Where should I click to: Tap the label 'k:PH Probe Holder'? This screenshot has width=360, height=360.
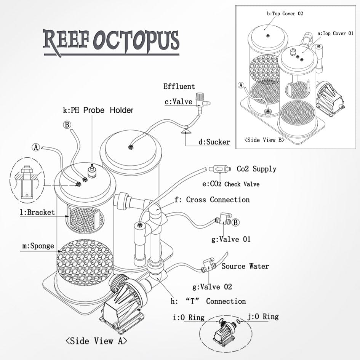point(98,110)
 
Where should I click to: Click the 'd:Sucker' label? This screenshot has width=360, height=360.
point(214,142)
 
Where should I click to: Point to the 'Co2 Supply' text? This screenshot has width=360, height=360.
point(256,169)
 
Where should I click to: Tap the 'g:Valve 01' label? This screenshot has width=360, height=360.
point(231,240)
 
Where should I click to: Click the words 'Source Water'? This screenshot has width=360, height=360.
point(245,266)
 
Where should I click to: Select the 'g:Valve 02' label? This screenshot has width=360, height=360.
point(212,286)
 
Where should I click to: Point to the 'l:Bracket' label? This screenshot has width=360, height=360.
point(37,212)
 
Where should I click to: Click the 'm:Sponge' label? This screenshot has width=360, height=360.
point(38,246)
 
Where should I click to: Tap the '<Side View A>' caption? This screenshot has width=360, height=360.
point(96,341)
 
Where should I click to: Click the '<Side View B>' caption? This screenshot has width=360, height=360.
point(265,140)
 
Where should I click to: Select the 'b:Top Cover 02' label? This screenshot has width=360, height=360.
point(285,14)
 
